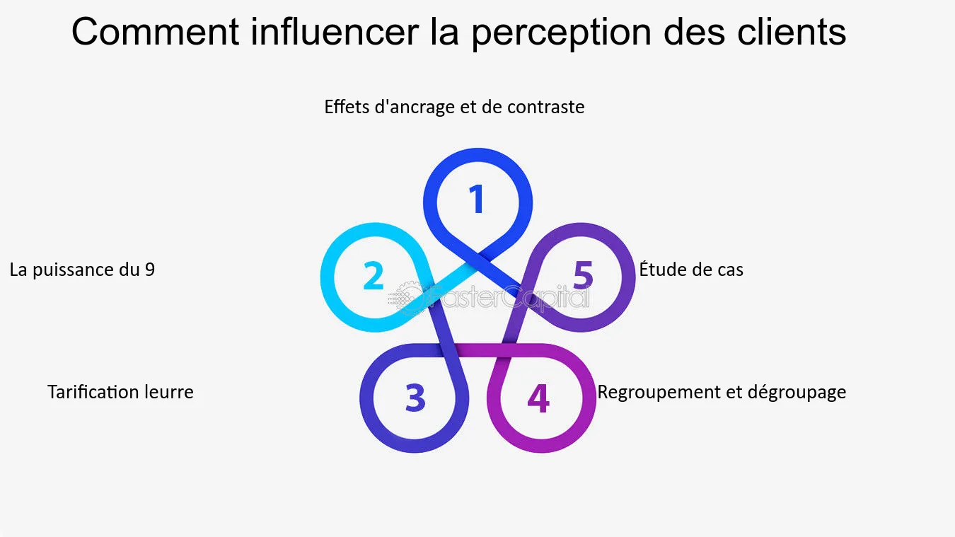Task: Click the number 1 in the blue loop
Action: (x=477, y=200)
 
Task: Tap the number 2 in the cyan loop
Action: (x=374, y=276)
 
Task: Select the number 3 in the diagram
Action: (x=415, y=398)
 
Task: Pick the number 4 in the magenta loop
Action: (x=538, y=398)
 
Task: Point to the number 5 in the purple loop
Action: (x=583, y=275)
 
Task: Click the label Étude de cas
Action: (x=691, y=270)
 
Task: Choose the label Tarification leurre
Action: (x=120, y=392)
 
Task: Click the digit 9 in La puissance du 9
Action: (x=149, y=270)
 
